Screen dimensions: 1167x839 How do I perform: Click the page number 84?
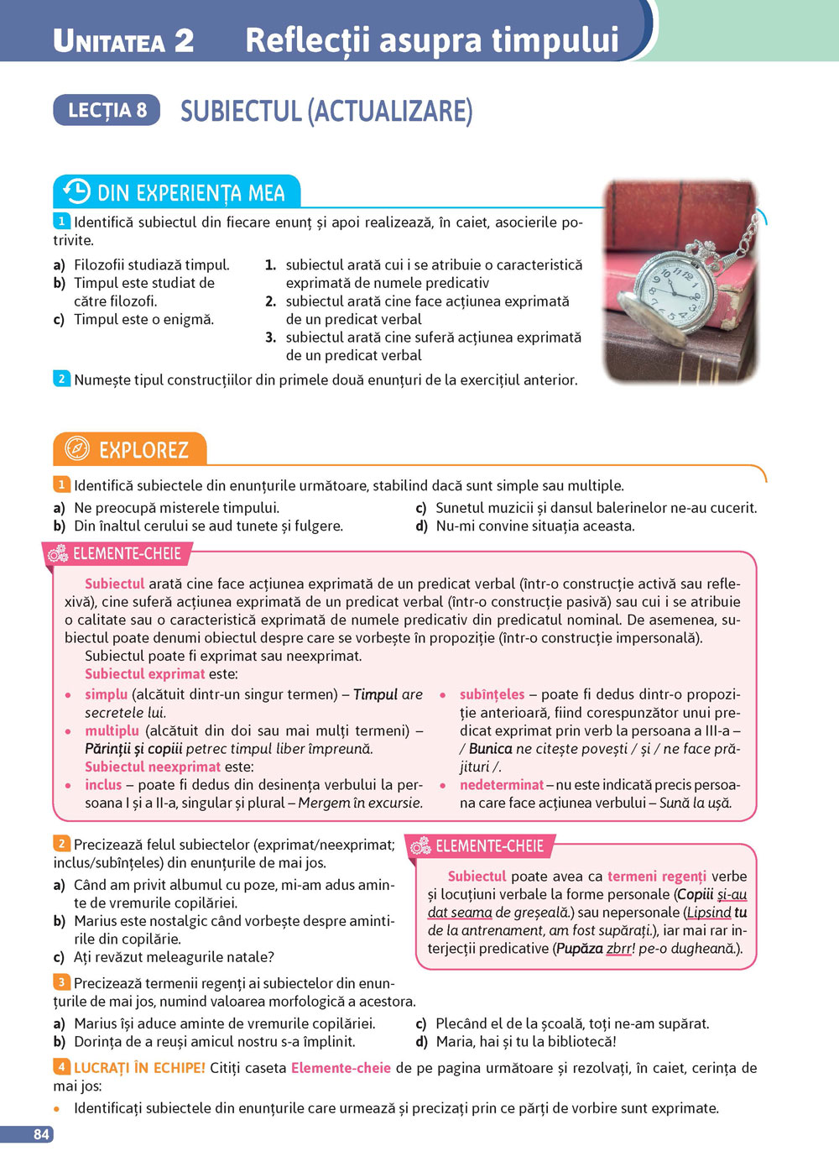tap(41, 1134)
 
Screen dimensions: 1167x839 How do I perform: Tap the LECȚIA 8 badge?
tap(107, 110)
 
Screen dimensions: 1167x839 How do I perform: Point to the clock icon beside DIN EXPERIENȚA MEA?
tap(76, 191)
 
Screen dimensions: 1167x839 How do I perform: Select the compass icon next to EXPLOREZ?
tap(76, 449)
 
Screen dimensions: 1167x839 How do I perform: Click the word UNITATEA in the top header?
tap(109, 41)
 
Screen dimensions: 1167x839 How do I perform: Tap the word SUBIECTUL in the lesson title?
tap(240, 111)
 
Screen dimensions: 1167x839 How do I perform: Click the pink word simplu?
tap(106, 694)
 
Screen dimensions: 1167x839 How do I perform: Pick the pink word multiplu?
tap(112, 730)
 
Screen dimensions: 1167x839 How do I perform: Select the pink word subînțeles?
tap(492, 694)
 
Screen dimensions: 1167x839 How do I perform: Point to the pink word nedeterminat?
tap(502, 785)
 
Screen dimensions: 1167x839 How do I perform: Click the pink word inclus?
tap(103, 785)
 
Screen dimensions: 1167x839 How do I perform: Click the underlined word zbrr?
tap(620, 949)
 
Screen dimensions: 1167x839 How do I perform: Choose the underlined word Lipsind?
tap(709, 913)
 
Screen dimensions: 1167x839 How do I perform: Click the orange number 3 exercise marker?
tap(61, 981)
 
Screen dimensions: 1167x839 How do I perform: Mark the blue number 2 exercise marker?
tap(61, 379)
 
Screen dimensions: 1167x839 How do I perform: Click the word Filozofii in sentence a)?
tap(102, 265)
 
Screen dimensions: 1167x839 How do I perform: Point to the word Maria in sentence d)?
tap(456, 1042)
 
